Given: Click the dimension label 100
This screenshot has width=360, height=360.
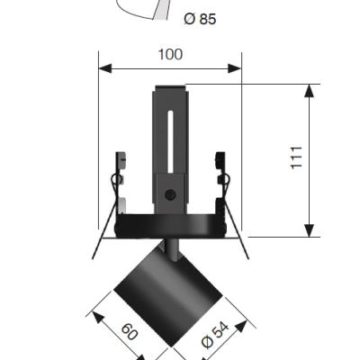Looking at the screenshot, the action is coord(170,55).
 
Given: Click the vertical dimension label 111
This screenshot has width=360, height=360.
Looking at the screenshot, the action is coord(297,158).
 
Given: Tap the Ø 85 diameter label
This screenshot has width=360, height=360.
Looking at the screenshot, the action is coord(200,19).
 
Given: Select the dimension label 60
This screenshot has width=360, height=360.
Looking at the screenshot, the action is coord(130,331).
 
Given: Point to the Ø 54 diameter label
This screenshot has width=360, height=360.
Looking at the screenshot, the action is coord(215,335).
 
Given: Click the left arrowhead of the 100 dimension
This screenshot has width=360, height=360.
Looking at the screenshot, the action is coord(105,68).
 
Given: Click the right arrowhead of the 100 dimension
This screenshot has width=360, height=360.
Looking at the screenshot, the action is coord(235,68).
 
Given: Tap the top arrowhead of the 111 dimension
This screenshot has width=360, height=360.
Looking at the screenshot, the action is coord(309,91).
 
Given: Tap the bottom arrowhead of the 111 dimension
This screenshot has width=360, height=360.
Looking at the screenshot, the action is coord(309,230).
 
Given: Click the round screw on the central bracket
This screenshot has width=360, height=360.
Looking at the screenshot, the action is coord(170,195).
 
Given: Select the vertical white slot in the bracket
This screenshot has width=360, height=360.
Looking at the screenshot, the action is coord(170,142).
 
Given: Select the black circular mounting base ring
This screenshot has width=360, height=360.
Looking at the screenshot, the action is coord(170,226).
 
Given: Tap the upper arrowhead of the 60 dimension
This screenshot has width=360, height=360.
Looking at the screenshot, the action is coord(98,318).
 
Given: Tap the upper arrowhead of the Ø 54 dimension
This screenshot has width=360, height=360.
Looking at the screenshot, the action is coord(241,327).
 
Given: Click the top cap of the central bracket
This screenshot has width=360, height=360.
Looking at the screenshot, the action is coord(170,88).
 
